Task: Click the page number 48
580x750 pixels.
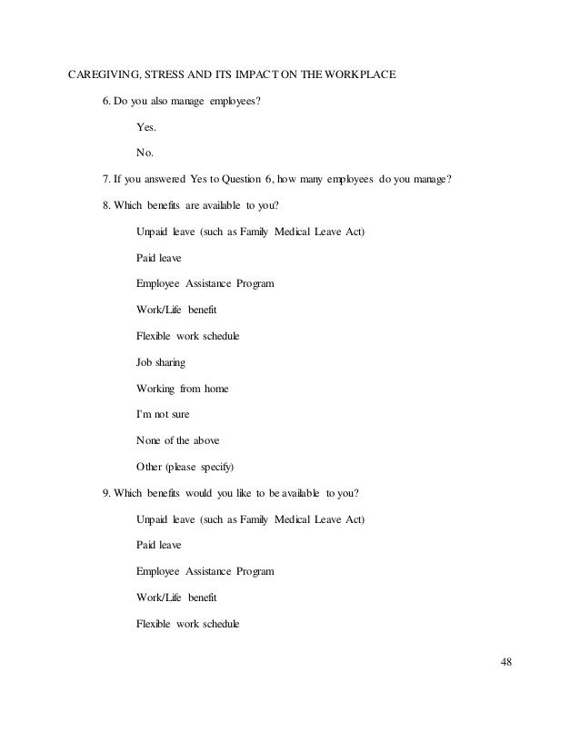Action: pyautogui.click(x=506, y=660)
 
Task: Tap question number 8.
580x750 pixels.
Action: pyautogui.click(x=106, y=205)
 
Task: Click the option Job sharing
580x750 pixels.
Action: pyautogui.click(x=161, y=362)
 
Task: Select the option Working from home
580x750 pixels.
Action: pyautogui.click(x=182, y=389)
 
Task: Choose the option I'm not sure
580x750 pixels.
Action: pyautogui.click(x=164, y=415)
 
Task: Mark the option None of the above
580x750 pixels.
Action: pyautogui.click(x=177, y=441)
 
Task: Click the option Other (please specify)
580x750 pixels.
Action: pyautogui.click(x=185, y=468)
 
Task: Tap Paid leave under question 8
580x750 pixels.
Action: pyautogui.click(x=158, y=258)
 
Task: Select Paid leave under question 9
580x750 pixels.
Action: pyautogui.click(x=158, y=546)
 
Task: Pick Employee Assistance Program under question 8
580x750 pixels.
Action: pyautogui.click(x=205, y=284)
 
